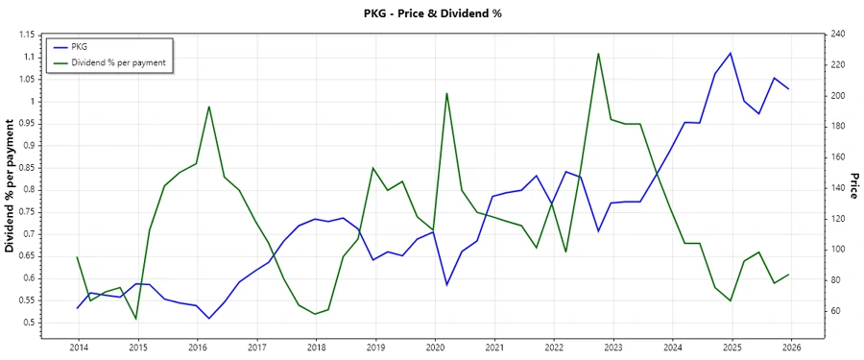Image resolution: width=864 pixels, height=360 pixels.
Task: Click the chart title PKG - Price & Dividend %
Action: pyautogui.click(x=432, y=13)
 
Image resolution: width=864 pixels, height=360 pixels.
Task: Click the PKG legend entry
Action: pyautogui.click(x=80, y=47)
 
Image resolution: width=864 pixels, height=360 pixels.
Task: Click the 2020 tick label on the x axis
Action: pyautogui.click(x=435, y=347)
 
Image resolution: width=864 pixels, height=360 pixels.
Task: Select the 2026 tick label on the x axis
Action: pyautogui.click(x=791, y=347)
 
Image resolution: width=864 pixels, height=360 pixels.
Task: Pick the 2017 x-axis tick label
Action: pyautogui.click(x=256, y=347)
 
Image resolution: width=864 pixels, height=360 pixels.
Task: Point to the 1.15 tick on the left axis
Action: pyautogui.click(x=25, y=35)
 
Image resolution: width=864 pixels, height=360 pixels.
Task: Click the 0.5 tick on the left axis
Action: pyautogui.click(x=29, y=323)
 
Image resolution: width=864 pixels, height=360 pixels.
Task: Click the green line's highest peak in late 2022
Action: pyautogui.click(x=598, y=54)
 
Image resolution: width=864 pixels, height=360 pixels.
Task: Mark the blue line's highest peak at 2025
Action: pyautogui.click(x=732, y=53)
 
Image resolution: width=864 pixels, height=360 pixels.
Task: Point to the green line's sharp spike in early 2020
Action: pyautogui.click(x=447, y=93)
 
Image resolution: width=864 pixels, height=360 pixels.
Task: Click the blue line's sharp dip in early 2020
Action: pyautogui.click(x=447, y=285)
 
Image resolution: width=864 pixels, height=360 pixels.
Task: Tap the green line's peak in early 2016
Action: pyautogui.click(x=209, y=107)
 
